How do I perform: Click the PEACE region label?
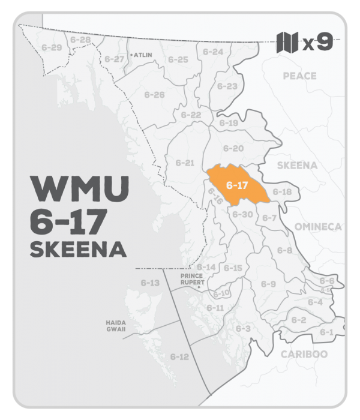300,76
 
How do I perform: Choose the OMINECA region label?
317,226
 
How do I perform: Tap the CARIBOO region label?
304,354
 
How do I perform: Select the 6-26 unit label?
155,95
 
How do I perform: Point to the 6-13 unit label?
150,282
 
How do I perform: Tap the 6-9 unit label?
268,283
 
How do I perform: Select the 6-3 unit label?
242,328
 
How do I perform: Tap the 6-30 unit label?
242,214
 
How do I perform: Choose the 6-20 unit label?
233,148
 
